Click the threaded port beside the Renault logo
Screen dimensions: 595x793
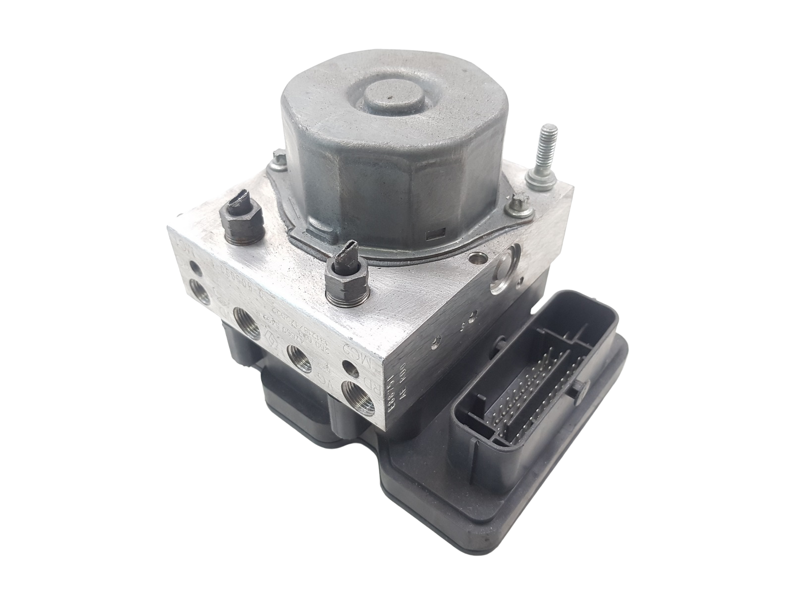(301, 356)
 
